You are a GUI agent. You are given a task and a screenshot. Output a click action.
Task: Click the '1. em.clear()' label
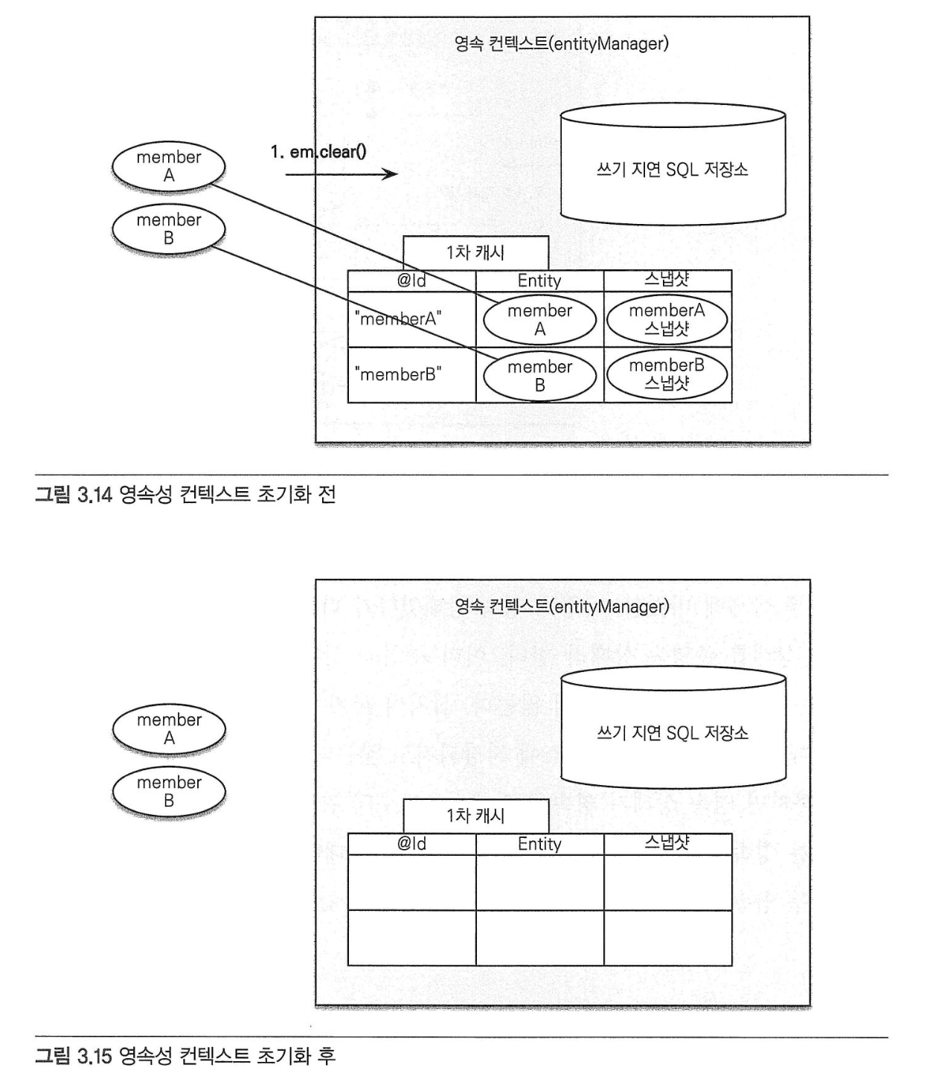(318, 152)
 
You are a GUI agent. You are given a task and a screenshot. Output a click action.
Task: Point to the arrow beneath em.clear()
(342, 173)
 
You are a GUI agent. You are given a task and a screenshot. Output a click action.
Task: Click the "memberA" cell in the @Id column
(411, 319)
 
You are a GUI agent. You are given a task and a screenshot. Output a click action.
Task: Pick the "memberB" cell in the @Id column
(411, 375)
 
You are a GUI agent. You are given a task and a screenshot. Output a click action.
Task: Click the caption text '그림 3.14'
(74, 495)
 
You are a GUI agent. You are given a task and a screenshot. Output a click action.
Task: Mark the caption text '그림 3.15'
(74, 1057)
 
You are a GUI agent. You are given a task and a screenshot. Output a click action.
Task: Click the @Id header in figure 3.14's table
(411, 281)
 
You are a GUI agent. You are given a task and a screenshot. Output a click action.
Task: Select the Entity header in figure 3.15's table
(539, 844)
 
